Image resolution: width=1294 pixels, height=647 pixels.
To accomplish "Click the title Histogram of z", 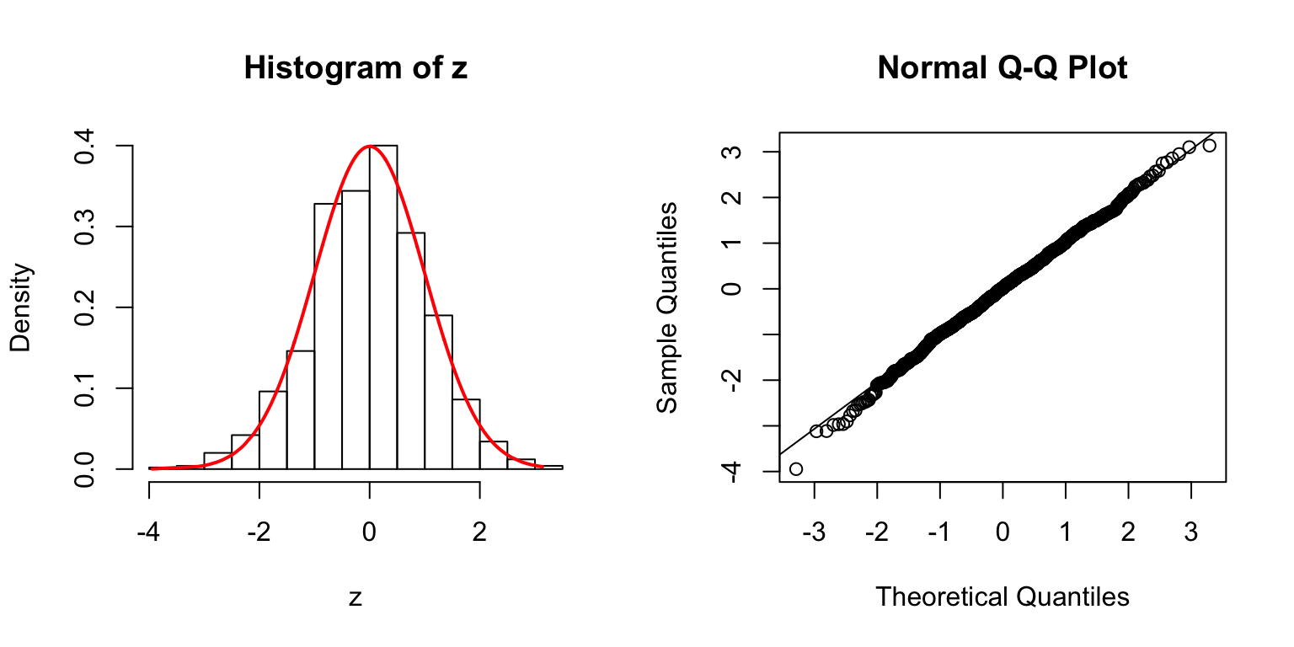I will tap(356, 68).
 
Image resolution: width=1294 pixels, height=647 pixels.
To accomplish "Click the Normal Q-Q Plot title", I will tap(1002, 68).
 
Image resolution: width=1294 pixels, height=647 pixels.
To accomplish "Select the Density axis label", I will tap(21, 307).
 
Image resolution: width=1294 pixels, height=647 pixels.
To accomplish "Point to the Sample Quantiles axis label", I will tap(667, 307).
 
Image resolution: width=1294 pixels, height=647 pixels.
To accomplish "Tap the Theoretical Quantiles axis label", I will tap(1002, 596).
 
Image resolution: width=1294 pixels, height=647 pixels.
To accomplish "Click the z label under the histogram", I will tap(356, 598).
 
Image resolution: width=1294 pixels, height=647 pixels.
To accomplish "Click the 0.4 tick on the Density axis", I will tap(85, 146).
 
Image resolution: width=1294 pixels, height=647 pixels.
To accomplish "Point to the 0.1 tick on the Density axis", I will tap(85, 388).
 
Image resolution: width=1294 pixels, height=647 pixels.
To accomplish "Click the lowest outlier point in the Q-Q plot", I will tap(795, 468).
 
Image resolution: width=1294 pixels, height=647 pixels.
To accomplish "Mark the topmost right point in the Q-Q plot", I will tap(1209, 146).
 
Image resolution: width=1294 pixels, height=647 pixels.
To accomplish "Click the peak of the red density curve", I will tap(369, 146).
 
